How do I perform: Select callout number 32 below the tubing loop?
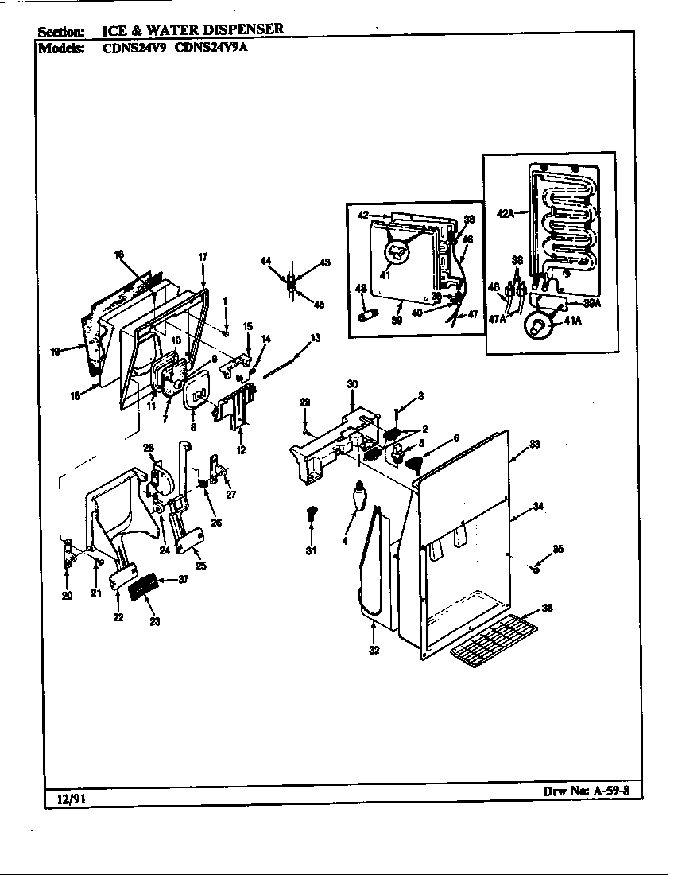[374, 650]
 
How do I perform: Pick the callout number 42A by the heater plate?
[505, 212]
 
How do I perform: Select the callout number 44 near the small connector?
[265, 261]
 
